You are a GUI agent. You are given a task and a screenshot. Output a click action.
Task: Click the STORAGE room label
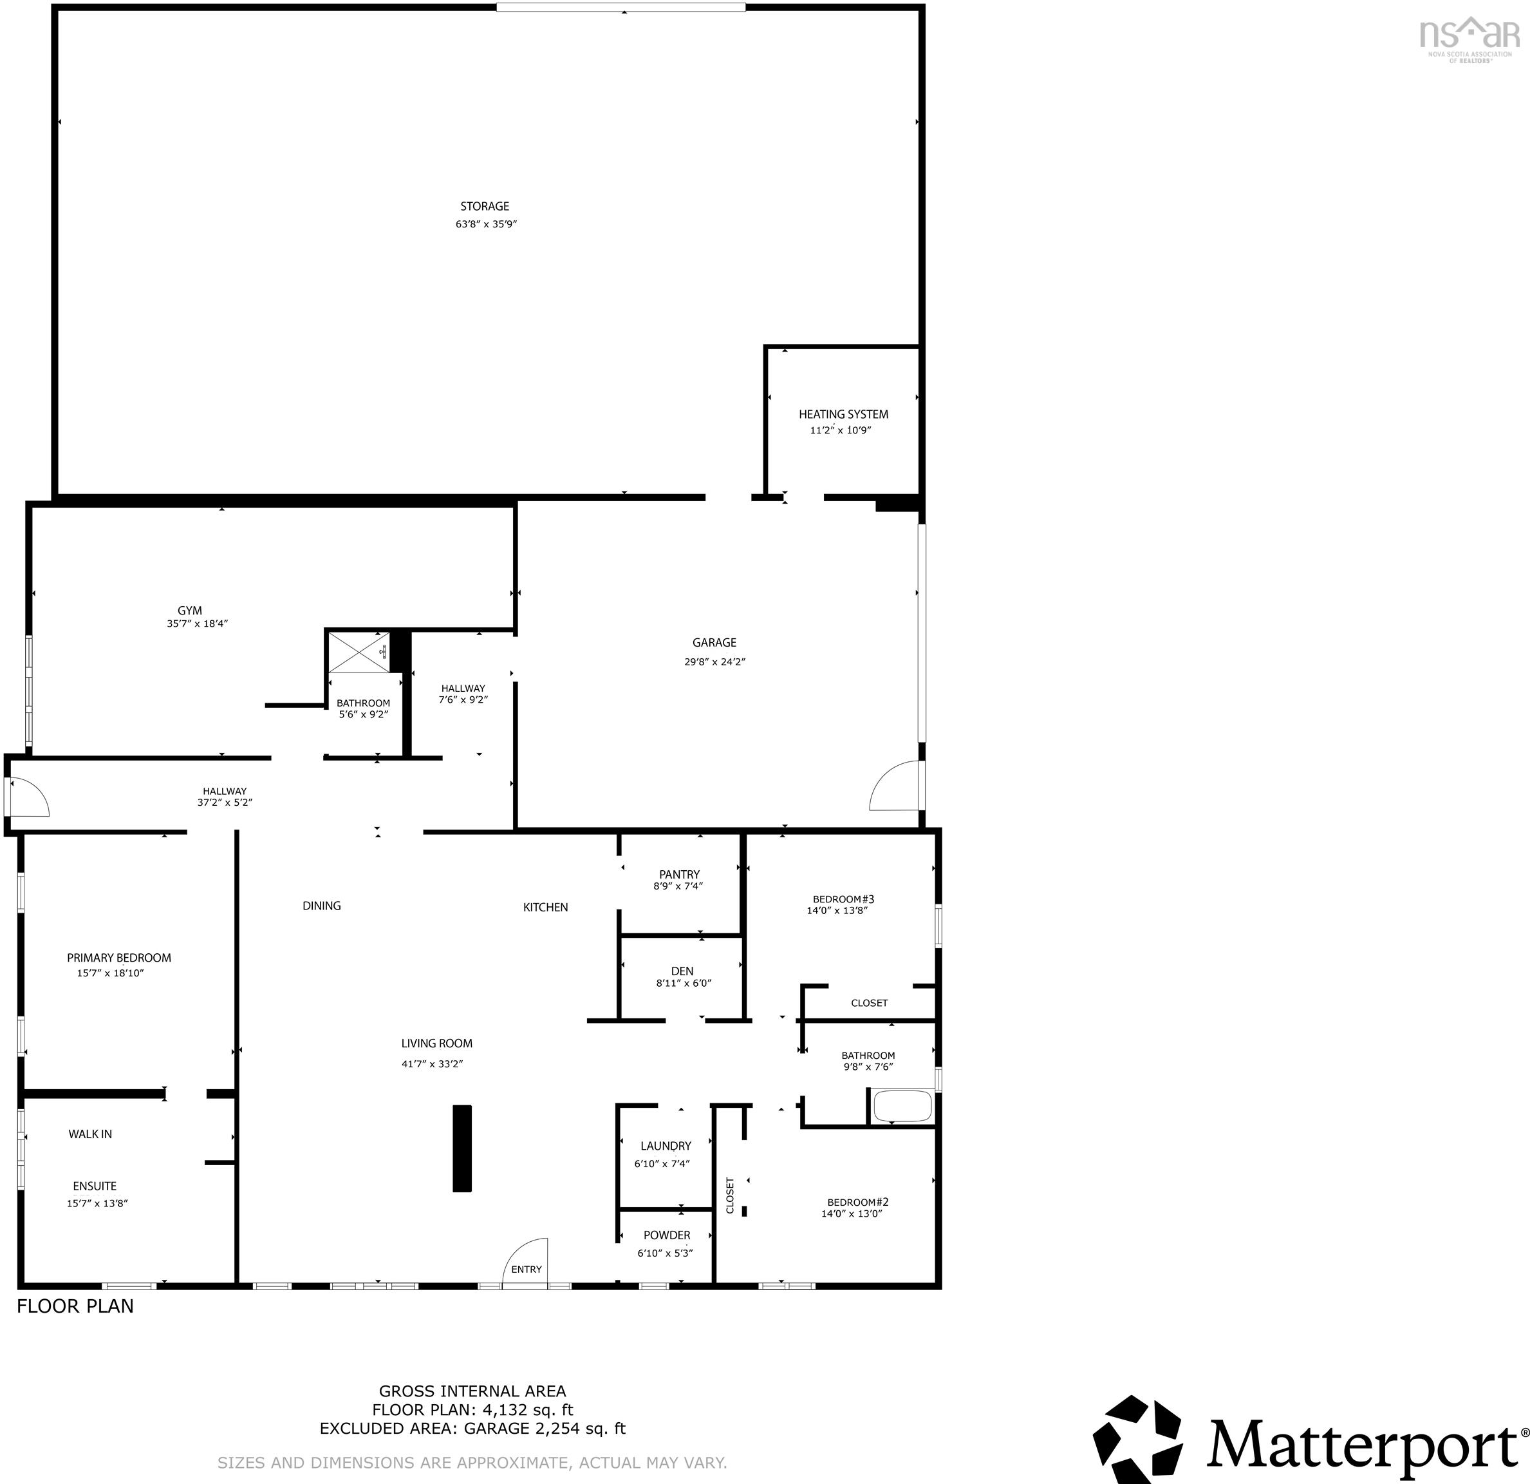(x=484, y=206)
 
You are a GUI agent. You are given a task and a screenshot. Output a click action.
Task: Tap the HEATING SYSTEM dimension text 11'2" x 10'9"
(x=840, y=430)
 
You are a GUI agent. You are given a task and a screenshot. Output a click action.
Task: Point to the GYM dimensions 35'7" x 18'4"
(x=197, y=624)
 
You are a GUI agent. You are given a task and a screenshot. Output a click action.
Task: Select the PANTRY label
(x=679, y=874)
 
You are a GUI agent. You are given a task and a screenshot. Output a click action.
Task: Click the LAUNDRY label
(x=666, y=1146)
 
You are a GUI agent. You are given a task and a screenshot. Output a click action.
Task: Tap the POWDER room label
(x=667, y=1235)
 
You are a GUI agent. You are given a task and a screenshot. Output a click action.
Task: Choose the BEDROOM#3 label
(x=837, y=899)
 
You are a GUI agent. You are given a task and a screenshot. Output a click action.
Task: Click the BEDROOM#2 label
(x=858, y=1202)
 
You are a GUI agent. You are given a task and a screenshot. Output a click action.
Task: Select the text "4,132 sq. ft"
(x=528, y=1410)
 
